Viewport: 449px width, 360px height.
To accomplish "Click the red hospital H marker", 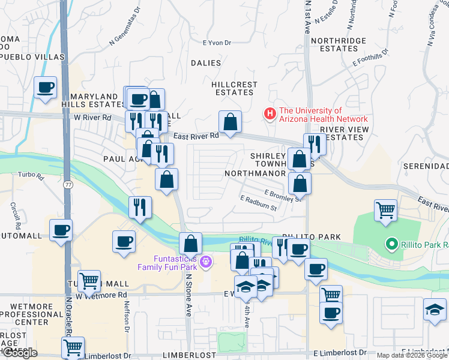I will click(x=270, y=113).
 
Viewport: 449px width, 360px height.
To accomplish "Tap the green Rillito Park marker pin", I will click(x=391, y=244).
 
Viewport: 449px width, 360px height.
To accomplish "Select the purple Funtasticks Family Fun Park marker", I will click(x=206, y=261).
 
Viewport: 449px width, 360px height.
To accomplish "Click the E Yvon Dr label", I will click(x=217, y=43).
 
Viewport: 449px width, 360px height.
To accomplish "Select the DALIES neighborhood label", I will click(x=206, y=63).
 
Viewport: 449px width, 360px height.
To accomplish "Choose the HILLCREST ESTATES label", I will click(x=234, y=89).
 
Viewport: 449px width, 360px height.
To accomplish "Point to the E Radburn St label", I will click(x=258, y=203).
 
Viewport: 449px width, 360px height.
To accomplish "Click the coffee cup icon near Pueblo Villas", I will click(x=46, y=88).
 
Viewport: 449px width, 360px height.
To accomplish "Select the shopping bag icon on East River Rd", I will click(x=230, y=122).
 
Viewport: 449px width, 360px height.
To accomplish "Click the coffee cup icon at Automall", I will click(x=61, y=230).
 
